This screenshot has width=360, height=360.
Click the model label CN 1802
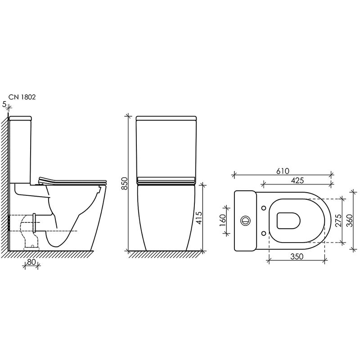point(22,97)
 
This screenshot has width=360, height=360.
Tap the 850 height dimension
point(124,183)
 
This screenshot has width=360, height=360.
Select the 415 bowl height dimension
point(198,218)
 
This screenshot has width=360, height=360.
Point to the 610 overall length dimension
point(283,171)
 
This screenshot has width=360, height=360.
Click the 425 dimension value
point(297,180)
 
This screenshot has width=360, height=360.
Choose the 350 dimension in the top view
point(297,256)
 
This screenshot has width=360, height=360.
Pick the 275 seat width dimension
point(338,220)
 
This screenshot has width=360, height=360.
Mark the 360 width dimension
point(349,220)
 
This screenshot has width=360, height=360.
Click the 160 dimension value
point(223,220)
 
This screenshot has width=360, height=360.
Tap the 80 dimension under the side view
point(31,262)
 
